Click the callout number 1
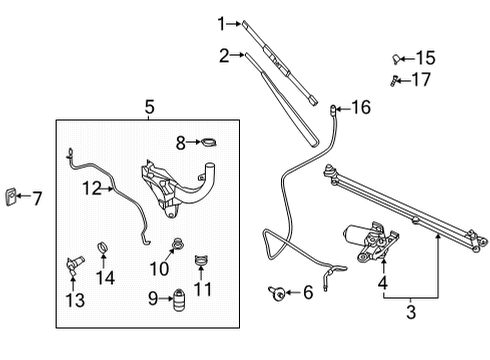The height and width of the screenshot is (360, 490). click(222, 22)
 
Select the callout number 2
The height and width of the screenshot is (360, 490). click(225, 55)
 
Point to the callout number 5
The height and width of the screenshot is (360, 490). click(147, 106)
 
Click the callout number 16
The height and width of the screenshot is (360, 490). click(360, 105)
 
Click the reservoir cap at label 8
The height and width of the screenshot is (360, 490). click(208, 142)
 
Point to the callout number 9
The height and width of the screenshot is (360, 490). click(154, 297)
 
